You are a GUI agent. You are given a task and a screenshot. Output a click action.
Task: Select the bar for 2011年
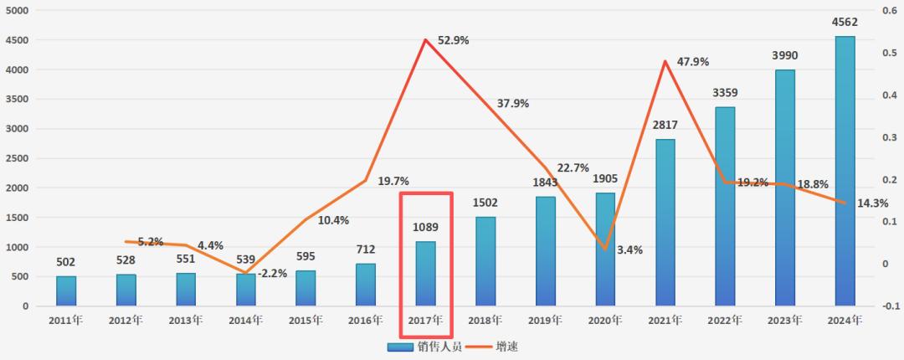[66, 291]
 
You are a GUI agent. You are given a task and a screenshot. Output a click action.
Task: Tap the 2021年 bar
[665, 222]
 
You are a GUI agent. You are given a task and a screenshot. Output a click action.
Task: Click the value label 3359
[725, 93]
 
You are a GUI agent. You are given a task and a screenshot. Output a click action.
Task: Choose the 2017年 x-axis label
[426, 320]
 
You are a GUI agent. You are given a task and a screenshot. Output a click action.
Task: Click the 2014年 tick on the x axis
[246, 320]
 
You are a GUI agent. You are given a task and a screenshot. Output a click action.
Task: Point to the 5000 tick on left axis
[17, 11]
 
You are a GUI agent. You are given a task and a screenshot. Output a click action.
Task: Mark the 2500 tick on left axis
[17, 158]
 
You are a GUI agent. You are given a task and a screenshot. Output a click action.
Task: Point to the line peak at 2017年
[426, 39]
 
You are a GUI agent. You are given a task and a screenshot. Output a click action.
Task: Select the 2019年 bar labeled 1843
[546, 251]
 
